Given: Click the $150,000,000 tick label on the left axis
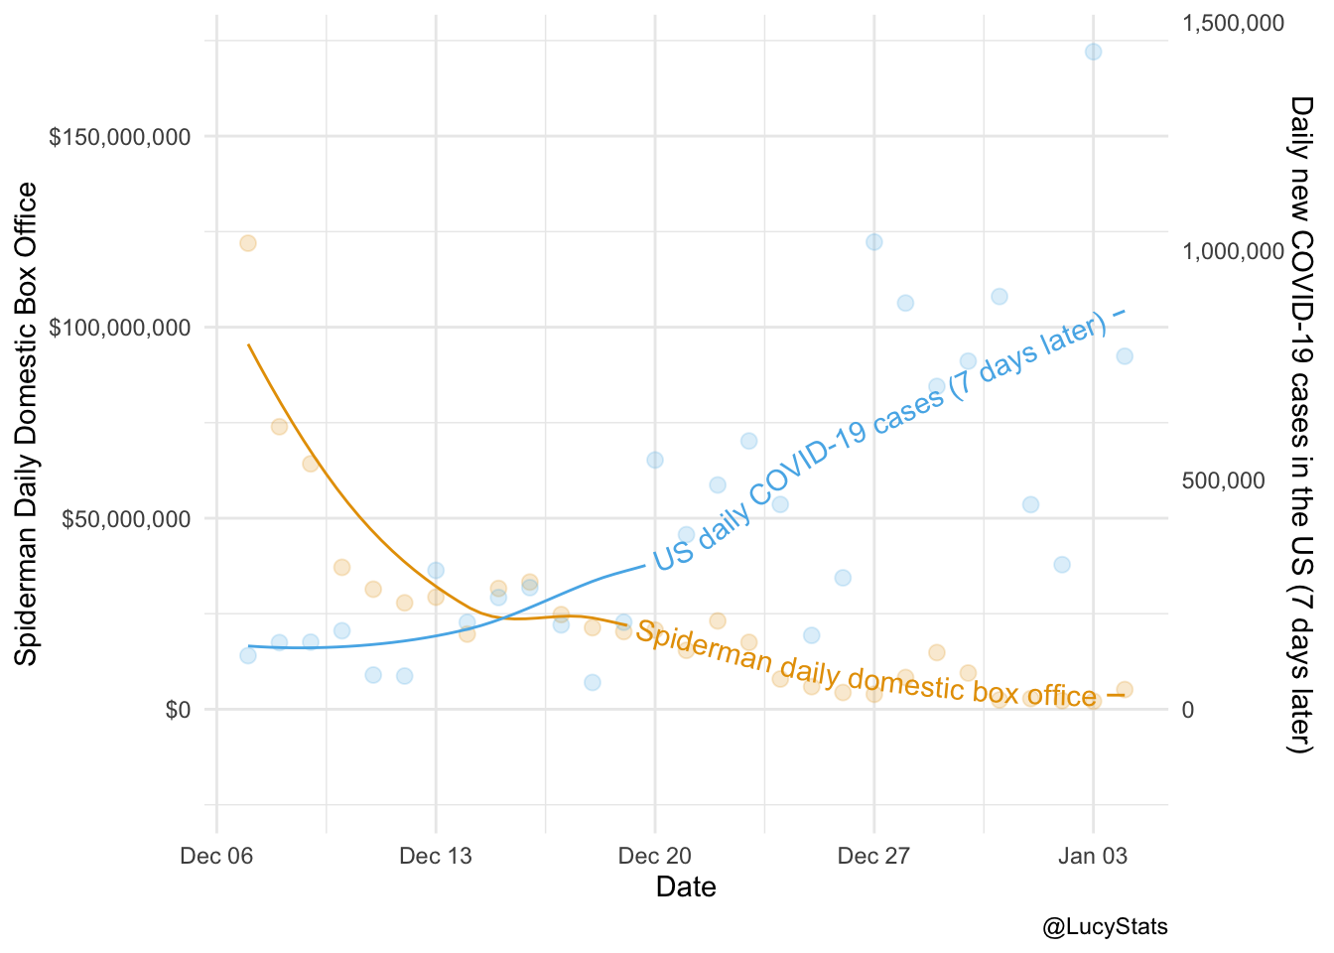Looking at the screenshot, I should [119, 137].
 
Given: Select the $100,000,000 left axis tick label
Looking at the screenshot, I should [119, 328].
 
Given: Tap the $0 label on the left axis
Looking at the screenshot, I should [178, 710].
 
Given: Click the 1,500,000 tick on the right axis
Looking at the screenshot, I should [1234, 23].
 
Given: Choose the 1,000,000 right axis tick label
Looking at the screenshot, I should [1234, 252].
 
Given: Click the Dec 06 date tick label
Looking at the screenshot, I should [216, 856].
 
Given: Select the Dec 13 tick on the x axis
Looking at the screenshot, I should [435, 856].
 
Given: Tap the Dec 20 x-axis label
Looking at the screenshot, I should [654, 856].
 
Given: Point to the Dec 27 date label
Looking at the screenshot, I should [873, 856].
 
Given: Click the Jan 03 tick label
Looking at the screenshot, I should [1093, 856].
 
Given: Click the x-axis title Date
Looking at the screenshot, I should [686, 886].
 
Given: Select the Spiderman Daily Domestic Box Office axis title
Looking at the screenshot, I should [27, 424].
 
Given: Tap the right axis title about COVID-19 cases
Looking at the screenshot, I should [1300, 424].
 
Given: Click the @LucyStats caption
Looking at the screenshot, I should [1105, 927].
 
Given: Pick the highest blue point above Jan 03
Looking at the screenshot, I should [1093, 52].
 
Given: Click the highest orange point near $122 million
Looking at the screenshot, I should [248, 243].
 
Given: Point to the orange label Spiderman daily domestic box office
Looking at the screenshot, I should [866, 664].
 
